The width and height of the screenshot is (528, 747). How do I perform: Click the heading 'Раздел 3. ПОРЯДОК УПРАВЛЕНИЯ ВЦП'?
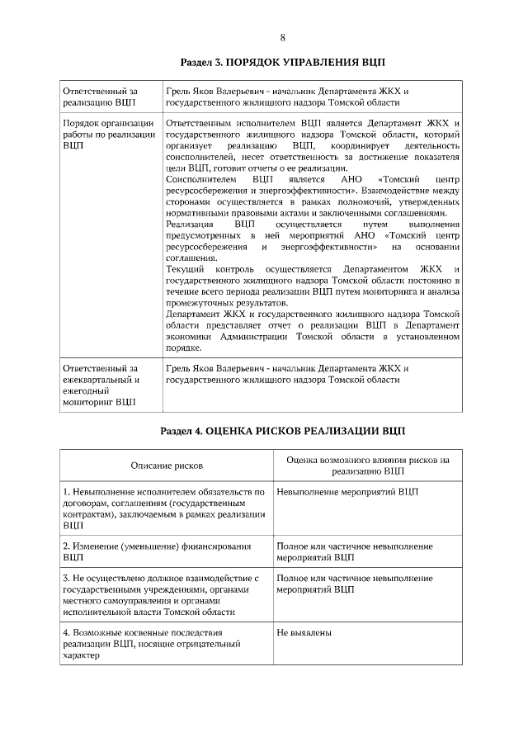point(282,63)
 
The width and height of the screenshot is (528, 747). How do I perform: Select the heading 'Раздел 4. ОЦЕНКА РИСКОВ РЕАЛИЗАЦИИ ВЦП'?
point(282,430)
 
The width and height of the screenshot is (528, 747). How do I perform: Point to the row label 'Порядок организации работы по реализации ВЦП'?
point(108,133)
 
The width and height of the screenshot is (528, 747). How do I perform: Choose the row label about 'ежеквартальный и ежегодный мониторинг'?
point(99,385)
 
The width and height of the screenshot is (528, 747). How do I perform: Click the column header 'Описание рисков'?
point(167,466)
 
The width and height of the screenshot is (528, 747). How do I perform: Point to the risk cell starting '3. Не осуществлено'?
point(161,595)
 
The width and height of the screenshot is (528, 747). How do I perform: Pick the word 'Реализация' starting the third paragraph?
point(188,224)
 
